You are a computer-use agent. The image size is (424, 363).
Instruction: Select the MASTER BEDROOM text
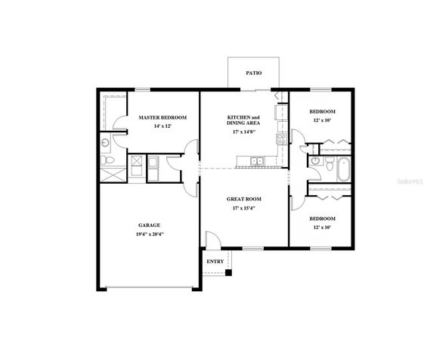tap(162, 118)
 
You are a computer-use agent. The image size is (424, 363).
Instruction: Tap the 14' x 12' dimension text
tap(162, 126)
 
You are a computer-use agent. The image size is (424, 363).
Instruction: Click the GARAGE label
tap(148, 225)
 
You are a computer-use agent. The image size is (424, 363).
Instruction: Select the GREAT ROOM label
tap(243, 199)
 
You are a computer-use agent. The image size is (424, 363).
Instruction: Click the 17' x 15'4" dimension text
tap(243, 208)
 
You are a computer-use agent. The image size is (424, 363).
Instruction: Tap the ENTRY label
tap(215, 262)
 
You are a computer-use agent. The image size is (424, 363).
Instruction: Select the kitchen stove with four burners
tap(281, 138)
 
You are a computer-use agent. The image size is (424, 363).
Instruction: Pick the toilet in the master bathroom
tap(107, 162)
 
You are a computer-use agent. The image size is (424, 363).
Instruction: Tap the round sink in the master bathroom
tap(106, 142)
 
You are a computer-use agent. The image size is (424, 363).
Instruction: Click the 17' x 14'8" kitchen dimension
tap(243, 132)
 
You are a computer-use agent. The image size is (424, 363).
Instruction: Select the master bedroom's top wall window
tap(141, 91)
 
